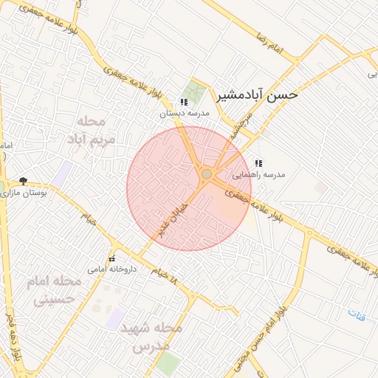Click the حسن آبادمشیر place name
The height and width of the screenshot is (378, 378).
258,95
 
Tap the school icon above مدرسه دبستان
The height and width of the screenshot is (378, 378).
183,102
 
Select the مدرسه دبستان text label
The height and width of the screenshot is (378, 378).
185,114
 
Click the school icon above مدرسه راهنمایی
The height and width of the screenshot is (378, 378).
258,163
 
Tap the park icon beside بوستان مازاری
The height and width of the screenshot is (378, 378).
23,181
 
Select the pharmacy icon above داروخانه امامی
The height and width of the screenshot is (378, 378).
112,258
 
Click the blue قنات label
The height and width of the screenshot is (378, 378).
357,315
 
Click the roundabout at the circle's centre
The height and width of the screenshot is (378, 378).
207,174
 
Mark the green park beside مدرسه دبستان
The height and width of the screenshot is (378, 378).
196,91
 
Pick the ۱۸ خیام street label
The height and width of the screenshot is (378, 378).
165,277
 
